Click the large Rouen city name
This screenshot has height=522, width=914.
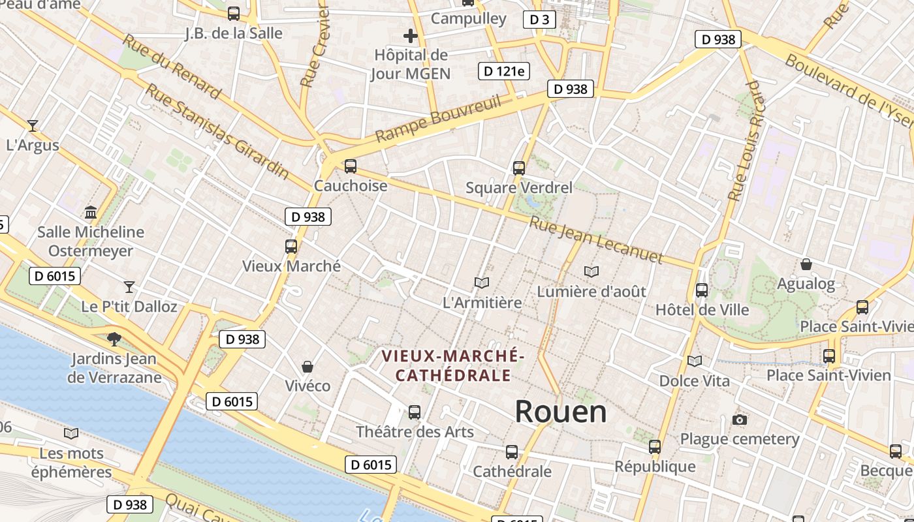(561, 412)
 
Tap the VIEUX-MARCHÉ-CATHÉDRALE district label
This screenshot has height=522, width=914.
(453, 365)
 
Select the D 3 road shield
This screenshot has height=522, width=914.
(539, 20)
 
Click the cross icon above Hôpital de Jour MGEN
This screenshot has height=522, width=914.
(411, 35)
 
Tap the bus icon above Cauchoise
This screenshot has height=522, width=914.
(351, 166)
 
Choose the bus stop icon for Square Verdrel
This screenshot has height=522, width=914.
(519, 168)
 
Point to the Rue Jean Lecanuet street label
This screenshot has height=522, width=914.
(595, 240)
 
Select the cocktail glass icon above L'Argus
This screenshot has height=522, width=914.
(33, 125)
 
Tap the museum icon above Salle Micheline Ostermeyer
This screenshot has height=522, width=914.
(91, 212)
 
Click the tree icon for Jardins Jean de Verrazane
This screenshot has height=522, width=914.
(114, 339)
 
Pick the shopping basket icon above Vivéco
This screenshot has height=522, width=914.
(307, 367)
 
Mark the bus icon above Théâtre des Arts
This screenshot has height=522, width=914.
(415, 412)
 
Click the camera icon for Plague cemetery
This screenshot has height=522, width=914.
(740, 420)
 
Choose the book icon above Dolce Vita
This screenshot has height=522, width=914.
(695, 361)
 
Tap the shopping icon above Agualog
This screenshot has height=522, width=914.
(806, 264)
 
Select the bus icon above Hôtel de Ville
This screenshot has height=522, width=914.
(702, 290)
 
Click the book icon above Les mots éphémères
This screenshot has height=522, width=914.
(71, 433)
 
